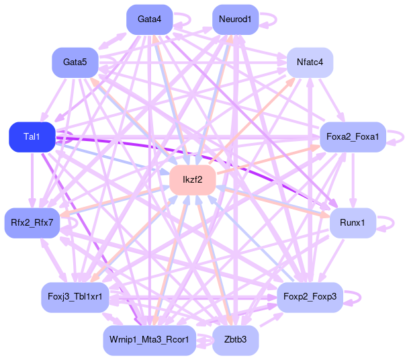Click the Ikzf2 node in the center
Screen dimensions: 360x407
[192, 180]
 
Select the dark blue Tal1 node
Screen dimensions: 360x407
[32, 137]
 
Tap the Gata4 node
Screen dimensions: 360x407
[149, 19]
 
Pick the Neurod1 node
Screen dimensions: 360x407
[235, 19]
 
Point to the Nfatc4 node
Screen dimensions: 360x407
[310, 62]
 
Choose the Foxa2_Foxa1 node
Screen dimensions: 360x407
[353, 137]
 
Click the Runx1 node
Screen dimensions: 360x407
[353, 222]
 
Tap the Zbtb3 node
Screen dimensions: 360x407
[235, 341]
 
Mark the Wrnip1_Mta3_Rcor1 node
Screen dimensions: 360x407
[149, 341]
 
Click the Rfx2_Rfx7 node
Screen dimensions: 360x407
[32, 222]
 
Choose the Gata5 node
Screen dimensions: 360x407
[75, 62]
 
